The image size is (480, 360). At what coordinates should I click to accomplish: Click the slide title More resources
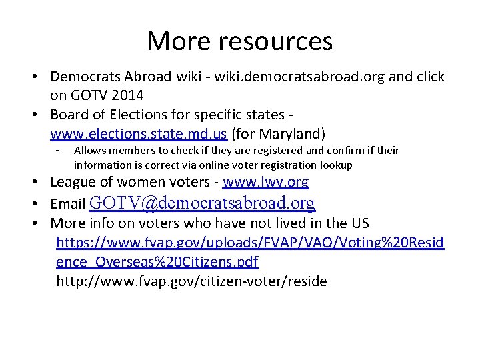click(239, 41)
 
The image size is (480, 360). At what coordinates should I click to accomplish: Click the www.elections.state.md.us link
click(139, 133)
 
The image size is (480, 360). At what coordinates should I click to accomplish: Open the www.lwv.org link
click(265, 182)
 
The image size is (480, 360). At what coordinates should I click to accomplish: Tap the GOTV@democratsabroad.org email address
click(202, 202)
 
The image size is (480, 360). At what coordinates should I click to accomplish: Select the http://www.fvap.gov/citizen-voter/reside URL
click(191, 281)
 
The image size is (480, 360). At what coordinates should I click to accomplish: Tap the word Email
click(68, 203)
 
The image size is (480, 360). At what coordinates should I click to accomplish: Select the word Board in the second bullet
click(69, 113)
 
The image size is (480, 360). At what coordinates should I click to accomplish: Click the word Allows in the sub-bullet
click(89, 151)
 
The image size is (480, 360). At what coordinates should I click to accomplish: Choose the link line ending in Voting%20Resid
click(250, 242)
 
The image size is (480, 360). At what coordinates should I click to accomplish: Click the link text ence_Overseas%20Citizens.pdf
click(157, 261)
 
